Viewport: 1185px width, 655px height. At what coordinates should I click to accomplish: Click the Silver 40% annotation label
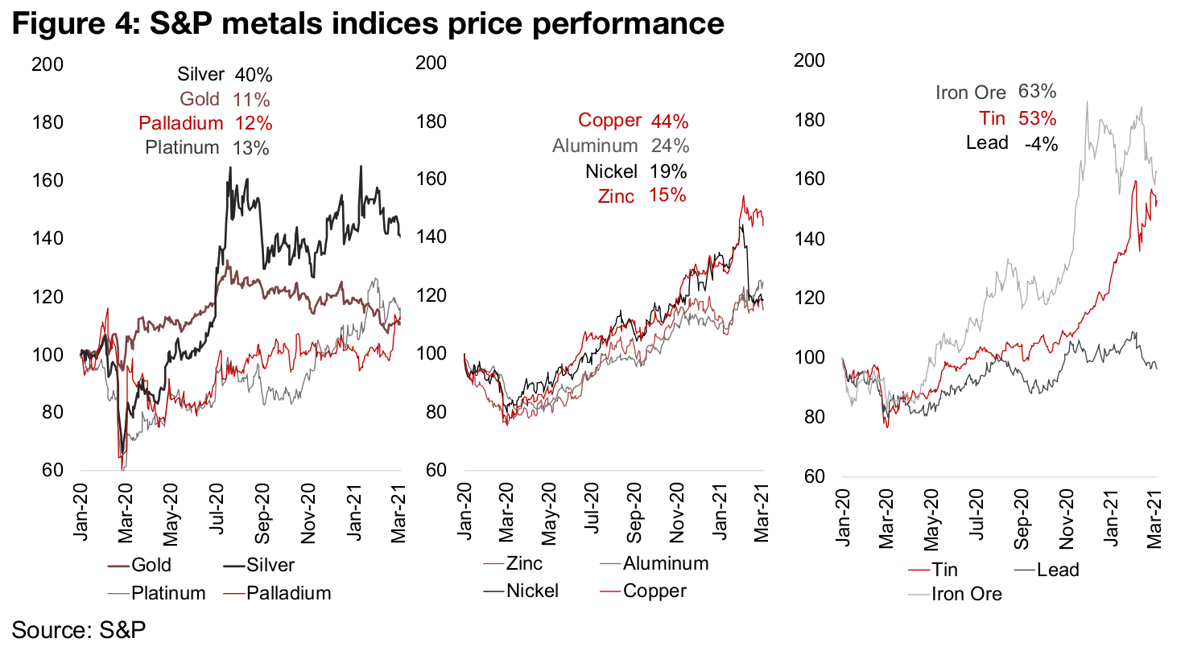[225, 75]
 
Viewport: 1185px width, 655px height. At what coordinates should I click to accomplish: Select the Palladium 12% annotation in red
[205, 123]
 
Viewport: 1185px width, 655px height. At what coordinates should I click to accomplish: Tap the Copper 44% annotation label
[633, 121]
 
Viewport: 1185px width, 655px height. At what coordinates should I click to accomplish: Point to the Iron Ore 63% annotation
[995, 93]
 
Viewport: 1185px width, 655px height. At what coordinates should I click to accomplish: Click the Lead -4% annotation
[1011, 143]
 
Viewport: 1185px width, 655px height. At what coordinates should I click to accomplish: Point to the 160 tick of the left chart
[47, 180]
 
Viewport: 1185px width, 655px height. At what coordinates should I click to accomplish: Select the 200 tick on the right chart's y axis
[809, 60]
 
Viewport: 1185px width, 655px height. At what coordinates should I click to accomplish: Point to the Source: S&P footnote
[79, 629]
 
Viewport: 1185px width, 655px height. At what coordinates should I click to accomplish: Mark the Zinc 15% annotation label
[642, 196]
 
